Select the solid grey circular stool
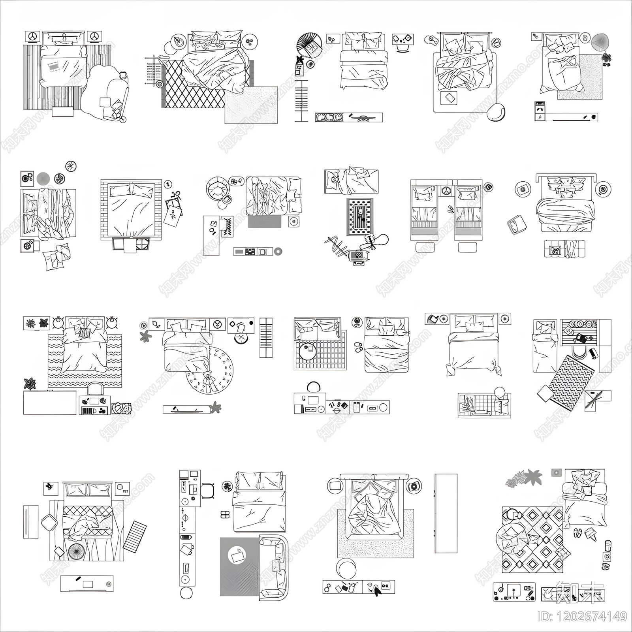43,179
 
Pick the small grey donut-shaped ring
278,251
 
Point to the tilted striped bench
134,536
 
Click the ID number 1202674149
582,616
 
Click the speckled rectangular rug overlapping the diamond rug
251,105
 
